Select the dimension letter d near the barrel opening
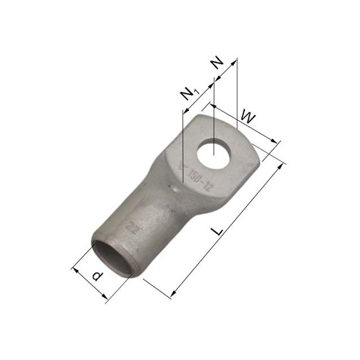coord(96,276)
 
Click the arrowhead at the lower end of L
coord(171,292)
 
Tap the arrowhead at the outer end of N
coord(236,60)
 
